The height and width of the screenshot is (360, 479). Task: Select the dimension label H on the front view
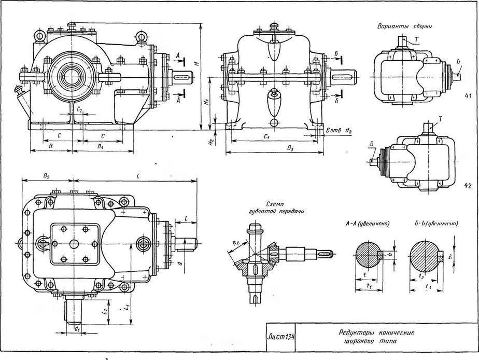tap(195, 64)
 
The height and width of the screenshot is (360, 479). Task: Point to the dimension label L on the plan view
tap(137, 177)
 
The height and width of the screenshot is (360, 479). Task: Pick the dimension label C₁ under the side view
tap(265, 137)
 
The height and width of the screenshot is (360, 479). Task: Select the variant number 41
tap(468, 96)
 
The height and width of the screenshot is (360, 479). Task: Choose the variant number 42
tap(468, 185)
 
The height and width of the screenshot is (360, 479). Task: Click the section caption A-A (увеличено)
tap(367, 224)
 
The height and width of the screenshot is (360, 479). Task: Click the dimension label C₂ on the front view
tap(79, 110)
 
